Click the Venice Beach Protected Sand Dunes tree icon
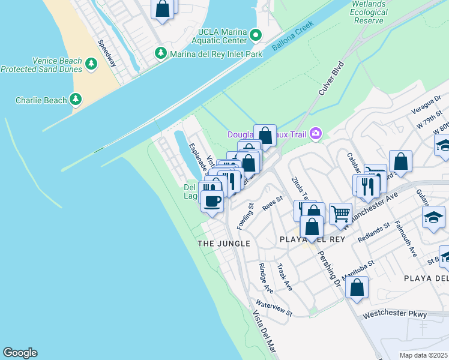click(91, 64)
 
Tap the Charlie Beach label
click(76, 99)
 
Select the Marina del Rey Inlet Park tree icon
click(161, 53)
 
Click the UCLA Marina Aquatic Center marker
click(256, 35)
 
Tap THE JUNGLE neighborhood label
click(224, 243)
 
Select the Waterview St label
click(273, 308)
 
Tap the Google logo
click(20, 353)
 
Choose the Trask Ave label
click(285, 277)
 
